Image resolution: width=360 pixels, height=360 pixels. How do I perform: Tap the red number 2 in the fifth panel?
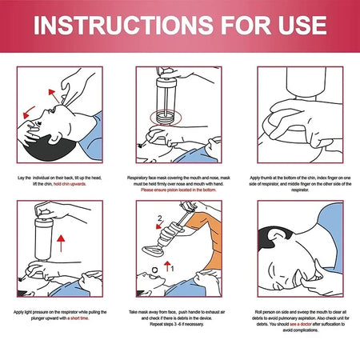[160, 218]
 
